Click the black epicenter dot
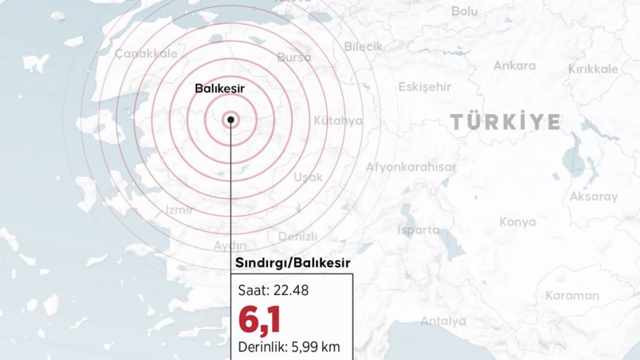230,119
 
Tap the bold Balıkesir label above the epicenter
219,89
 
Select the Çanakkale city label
146,53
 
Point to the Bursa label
294,57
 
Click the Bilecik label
363,46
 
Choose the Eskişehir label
425,86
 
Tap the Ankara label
514,66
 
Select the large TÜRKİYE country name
505,122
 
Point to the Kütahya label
338,121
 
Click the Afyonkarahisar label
411,167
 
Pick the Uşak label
308,177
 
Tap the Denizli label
298,236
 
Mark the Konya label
517,222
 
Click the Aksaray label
594,196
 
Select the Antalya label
443,321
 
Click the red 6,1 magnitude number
259,319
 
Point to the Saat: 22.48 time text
274,291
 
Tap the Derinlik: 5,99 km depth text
289,347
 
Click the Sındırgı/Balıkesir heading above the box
293,263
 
